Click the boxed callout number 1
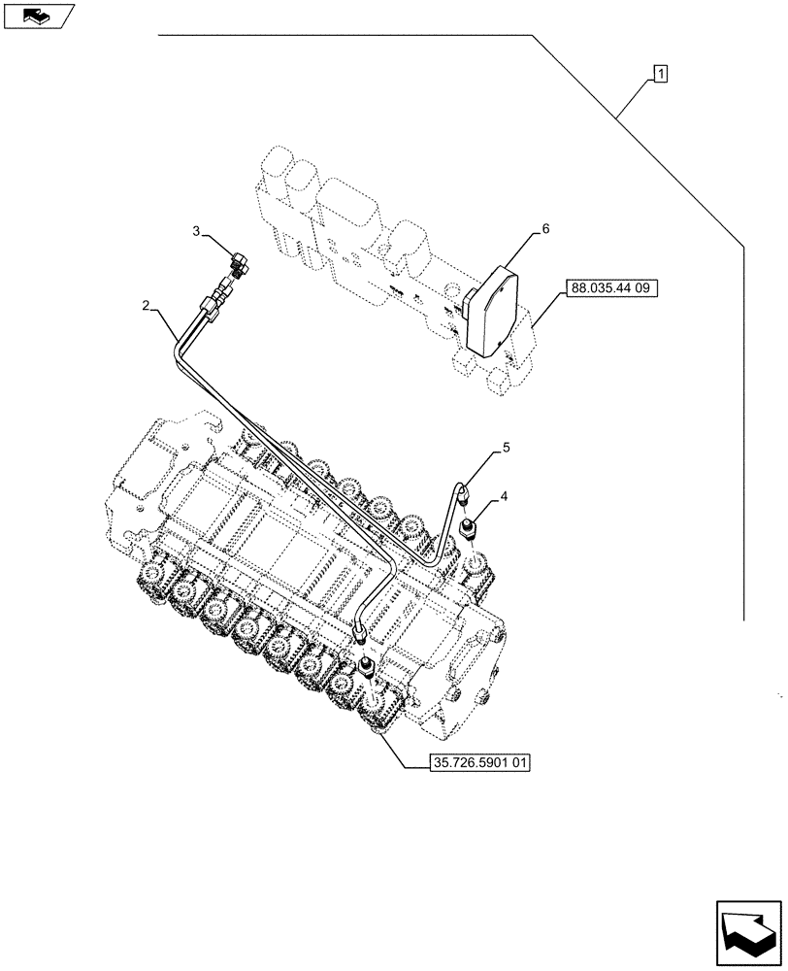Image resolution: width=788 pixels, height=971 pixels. point(660,73)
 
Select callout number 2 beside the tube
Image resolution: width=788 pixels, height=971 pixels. point(146,306)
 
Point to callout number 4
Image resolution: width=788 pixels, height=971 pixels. point(506,498)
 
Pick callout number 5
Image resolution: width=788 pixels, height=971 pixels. point(506,448)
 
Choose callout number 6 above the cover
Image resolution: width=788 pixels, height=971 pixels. point(545,229)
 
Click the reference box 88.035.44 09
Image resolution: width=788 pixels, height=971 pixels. point(607,288)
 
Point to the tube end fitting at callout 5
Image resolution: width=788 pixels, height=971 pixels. point(464,491)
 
